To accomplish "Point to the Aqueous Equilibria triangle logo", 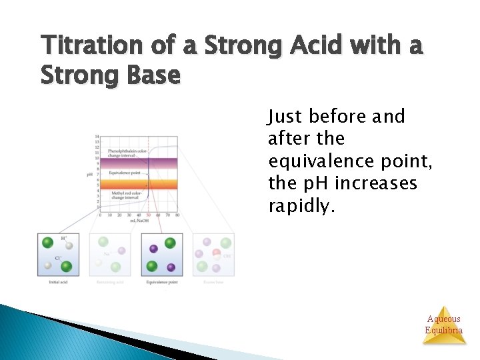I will [x=444, y=325].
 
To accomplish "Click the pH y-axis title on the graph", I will [x=90, y=174].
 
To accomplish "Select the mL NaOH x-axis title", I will [x=140, y=220].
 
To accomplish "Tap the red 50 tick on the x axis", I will [x=148, y=215].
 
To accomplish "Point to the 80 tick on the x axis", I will [x=177, y=215].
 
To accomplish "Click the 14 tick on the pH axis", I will [x=97, y=137].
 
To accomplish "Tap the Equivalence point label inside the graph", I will [x=126, y=173].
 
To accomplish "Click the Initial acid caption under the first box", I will [x=58, y=282].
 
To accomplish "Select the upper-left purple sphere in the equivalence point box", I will [x=154, y=249].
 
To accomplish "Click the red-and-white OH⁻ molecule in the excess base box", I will [x=217, y=254].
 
